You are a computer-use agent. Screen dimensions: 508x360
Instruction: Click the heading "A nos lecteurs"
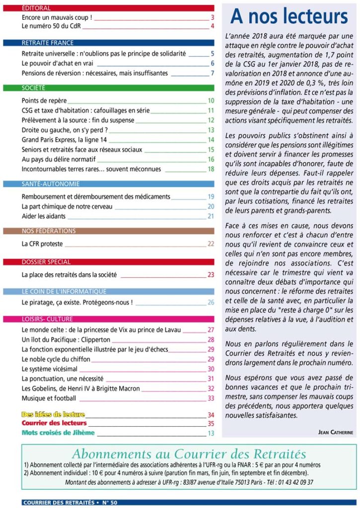pos(289,17)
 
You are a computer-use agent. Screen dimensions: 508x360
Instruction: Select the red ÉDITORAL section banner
pos(118,8)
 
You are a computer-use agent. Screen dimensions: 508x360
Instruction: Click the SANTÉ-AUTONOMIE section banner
pos(118,184)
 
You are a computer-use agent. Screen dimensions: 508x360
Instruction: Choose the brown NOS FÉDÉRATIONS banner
pos(118,231)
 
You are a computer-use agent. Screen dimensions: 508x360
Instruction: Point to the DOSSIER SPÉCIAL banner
pos(118,262)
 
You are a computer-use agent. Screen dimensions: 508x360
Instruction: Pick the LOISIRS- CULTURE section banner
pos(118,318)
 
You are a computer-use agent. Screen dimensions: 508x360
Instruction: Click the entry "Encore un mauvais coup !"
pos(57,18)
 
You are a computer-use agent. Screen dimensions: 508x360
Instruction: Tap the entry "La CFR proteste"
pos(44,244)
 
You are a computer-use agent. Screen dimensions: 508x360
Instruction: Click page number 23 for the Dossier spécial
pos(211,274)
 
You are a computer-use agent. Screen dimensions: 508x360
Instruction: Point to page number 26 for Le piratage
pos(211,302)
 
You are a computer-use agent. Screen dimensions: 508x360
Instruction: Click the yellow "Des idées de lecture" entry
pos(53,414)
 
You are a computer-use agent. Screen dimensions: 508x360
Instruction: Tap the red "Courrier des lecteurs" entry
pos(54,423)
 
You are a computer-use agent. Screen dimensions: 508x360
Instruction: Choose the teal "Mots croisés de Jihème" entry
pos(58,433)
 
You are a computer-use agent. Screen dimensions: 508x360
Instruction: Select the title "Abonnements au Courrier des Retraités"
pos(189,454)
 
